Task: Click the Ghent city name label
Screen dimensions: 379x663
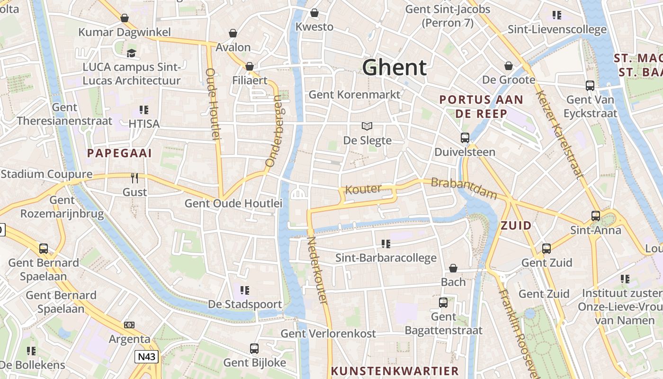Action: click(x=394, y=68)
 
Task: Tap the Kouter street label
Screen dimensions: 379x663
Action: click(x=363, y=189)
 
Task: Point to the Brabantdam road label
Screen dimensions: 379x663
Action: click(x=464, y=188)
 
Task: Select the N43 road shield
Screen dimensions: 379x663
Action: click(x=146, y=357)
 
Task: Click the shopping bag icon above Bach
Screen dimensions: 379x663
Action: click(x=453, y=268)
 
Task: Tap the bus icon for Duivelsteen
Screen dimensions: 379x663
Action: click(x=465, y=138)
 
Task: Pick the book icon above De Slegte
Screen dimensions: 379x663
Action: click(x=367, y=126)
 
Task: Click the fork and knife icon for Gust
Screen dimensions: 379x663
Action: click(x=135, y=178)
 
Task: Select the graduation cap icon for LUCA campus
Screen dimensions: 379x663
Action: click(x=131, y=53)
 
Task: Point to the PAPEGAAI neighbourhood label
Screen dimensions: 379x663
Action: click(x=119, y=153)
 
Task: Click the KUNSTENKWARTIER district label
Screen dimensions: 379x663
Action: click(x=395, y=371)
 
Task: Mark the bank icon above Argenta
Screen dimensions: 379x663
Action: click(x=129, y=325)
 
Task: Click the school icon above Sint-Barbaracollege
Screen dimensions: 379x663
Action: click(x=385, y=244)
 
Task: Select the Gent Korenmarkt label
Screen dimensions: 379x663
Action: click(x=354, y=94)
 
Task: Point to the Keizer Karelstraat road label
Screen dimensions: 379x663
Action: click(x=559, y=134)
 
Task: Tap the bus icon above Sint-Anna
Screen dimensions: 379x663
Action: click(x=596, y=216)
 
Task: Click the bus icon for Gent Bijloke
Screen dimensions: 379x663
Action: click(x=254, y=349)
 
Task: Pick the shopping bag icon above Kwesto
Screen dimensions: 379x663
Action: click(x=314, y=13)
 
